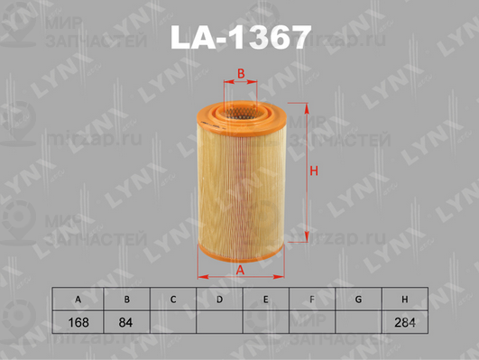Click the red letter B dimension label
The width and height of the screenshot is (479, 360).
point(241,73)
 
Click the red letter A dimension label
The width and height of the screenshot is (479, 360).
point(240,268)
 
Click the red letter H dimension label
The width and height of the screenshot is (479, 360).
point(315,171)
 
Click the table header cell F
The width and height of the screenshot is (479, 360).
point(311,299)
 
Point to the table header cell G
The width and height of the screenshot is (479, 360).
point(358,299)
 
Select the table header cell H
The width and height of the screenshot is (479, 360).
point(404,299)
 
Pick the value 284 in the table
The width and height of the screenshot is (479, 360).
point(404,322)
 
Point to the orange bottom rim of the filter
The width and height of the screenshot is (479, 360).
point(241,251)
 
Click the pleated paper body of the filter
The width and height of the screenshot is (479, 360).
point(241,171)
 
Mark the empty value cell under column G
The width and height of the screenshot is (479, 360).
point(358,322)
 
